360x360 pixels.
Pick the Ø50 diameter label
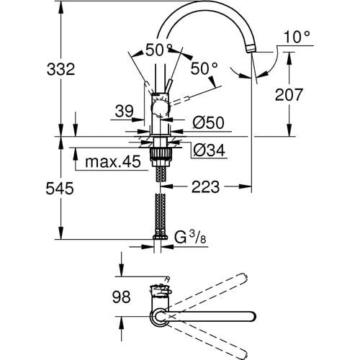[x=210, y=123]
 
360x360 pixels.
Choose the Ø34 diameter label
[x=210, y=150]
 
